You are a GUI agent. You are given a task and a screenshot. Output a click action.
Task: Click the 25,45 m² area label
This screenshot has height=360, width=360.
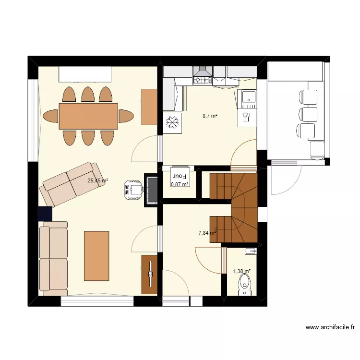pyautogui.click(x=98, y=180)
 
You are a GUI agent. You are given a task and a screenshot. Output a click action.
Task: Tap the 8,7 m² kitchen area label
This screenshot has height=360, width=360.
pyautogui.click(x=210, y=116)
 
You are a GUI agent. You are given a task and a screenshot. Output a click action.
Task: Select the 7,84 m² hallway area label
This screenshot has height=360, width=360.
pyautogui.click(x=207, y=233)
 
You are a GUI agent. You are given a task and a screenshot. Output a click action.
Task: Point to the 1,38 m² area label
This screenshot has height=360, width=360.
pyautogui.click(x=242, y=271)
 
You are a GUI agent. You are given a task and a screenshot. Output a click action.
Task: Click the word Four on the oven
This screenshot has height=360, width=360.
pyautogui.click(x=180, y=176)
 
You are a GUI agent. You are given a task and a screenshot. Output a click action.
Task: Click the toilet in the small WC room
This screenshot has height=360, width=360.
pyautogui.click(x=244, y=285)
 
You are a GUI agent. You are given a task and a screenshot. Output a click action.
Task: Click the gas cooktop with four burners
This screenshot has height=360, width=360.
pyautogui.click(x=202, y=80)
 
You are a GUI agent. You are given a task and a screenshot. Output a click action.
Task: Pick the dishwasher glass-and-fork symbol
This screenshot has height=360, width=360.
pyautogui.click(x=247, y=117)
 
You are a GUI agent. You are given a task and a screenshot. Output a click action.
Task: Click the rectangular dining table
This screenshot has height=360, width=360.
pyautogui.click(x=88, y=116)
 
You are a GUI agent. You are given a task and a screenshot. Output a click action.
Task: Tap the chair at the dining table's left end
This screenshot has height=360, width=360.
pyautogui.click(x=51, y=116)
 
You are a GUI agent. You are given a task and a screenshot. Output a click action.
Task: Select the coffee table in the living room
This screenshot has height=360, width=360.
pyautogui.click(x=96, y=256)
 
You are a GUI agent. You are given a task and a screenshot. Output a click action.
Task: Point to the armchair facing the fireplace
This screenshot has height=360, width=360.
pyautogui.click(x=133, y=190)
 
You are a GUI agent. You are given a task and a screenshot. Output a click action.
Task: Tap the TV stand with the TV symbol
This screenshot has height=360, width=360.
pyautogui.click(x=149, y=275)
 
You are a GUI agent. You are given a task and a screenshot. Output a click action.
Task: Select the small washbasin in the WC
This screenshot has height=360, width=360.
pyautogui.click(x=251, y=251)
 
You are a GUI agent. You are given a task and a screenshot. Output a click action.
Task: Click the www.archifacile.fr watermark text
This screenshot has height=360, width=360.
pyautogui.click(x=330, y=327)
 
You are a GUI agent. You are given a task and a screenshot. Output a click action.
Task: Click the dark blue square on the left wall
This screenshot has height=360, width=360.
pyautogui.click(x=45, y=214)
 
